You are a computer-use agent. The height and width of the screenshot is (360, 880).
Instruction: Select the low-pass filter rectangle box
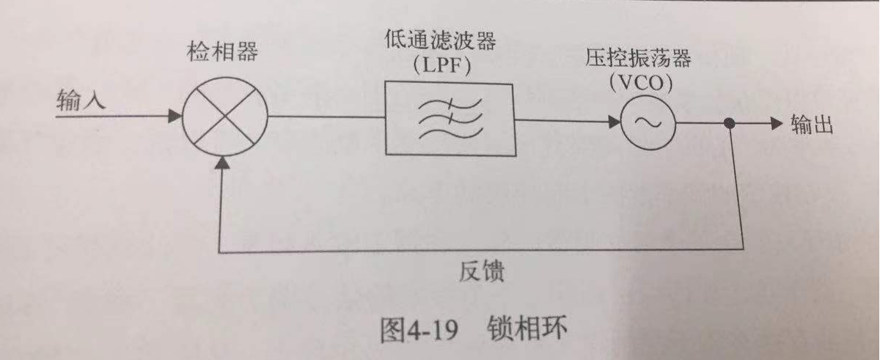pos(450,117)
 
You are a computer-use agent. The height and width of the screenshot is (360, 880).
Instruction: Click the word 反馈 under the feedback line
pos(480,273)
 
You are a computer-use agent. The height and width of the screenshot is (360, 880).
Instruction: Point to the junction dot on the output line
pos(729,125)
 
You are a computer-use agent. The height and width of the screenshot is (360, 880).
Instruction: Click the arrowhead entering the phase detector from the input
pos(175,116)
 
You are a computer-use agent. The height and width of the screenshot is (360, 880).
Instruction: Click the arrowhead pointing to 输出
pos(776,125)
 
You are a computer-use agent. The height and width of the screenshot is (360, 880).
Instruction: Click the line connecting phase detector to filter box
pos(326,117)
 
